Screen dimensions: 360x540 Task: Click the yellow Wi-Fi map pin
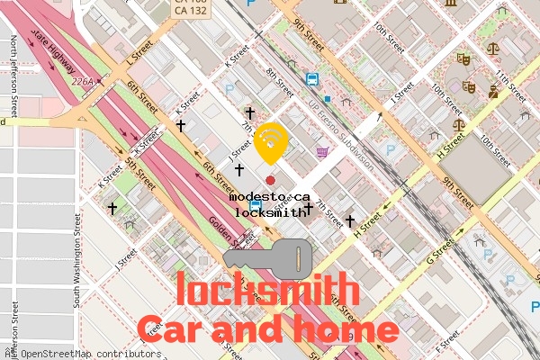(271, 142)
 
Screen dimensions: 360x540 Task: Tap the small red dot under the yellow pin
(270, 181)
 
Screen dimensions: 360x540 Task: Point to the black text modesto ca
(269, 196)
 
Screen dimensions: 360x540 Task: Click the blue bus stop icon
(311, 79)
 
